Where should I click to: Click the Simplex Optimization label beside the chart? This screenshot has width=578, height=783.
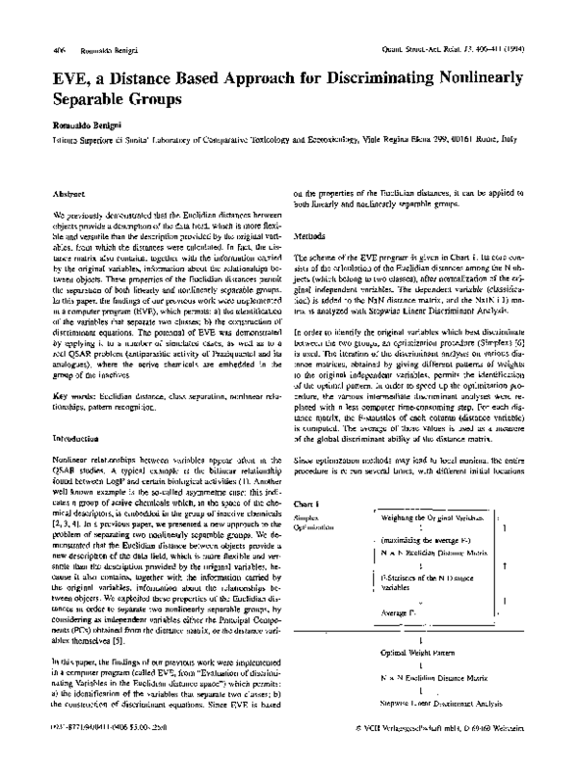313,523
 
